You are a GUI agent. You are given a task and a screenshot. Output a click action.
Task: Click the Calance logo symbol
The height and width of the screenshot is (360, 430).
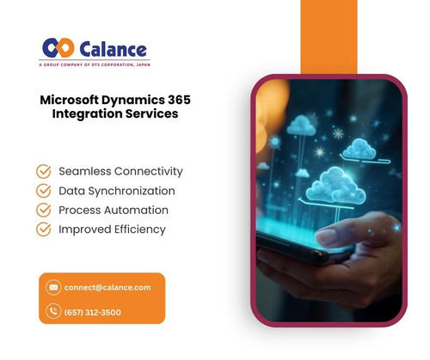(x=58, y=48)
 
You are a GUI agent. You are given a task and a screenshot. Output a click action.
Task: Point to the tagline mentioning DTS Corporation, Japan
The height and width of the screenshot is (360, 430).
(x=95, y=64)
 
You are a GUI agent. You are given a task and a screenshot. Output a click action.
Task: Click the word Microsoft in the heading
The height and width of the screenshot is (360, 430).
(x=73, y=100)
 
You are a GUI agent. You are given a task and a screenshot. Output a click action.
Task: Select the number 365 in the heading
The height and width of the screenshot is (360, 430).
(x=175, y=100)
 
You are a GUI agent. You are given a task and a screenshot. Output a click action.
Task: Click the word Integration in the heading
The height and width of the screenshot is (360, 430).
(x=90, y=114)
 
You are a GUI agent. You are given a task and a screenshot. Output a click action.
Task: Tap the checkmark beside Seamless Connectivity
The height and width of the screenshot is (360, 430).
(x=44, y=171)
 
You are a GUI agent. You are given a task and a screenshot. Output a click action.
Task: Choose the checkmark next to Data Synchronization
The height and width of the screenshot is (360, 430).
(x=44, y=191)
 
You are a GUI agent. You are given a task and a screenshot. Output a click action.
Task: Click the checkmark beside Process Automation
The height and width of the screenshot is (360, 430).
(x=44, y=210)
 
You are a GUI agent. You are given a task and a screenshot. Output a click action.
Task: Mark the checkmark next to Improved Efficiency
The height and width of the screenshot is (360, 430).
(x=44, y=229)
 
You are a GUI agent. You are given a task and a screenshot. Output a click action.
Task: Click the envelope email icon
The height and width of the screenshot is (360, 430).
(x=54, y=287)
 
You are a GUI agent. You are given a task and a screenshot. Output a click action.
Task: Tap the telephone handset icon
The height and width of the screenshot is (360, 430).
(x=54, y=312)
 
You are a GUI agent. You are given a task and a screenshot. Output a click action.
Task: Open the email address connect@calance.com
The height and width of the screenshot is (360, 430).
(x=107, y=287)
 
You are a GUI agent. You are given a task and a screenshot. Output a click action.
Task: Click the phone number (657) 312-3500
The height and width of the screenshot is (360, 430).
(x=93, y=312)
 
